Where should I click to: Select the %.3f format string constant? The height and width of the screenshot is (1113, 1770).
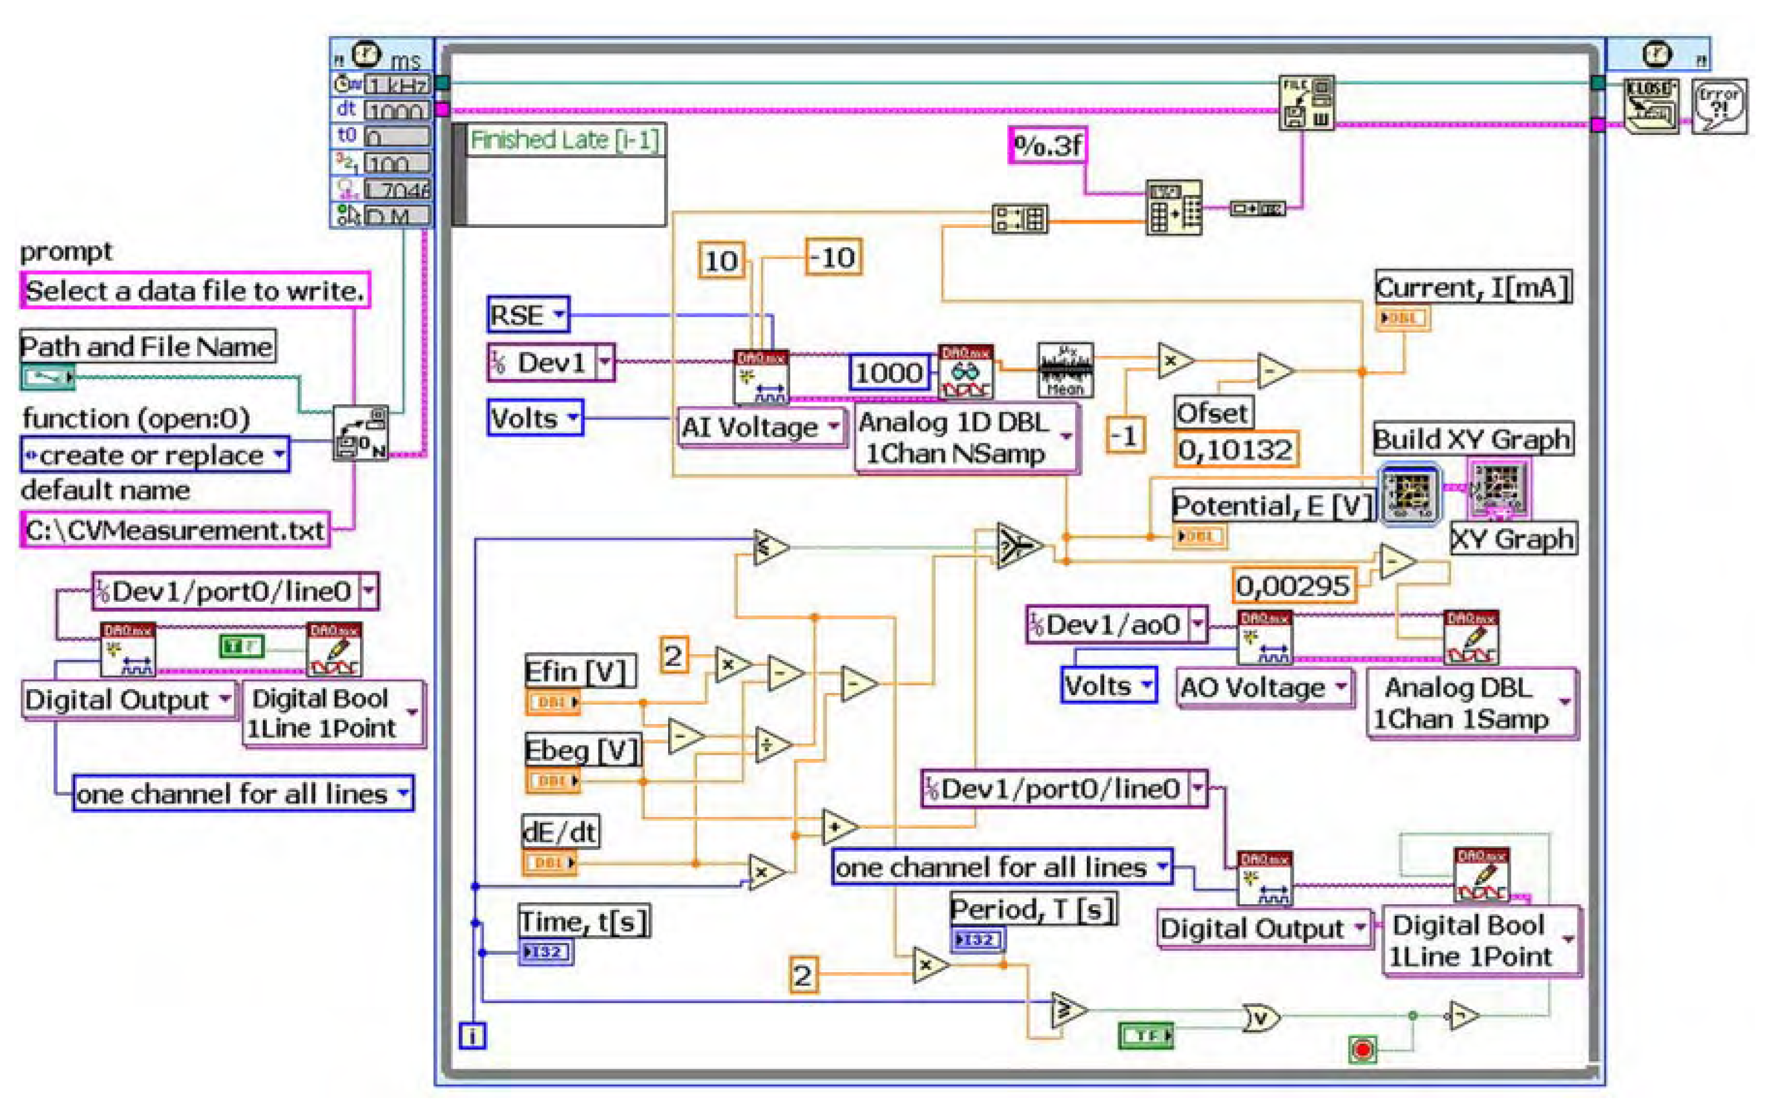pos(1047,145)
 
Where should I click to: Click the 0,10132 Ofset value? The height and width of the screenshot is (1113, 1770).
pos(1235,449)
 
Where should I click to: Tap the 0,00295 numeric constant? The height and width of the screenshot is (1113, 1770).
pos(1293,586)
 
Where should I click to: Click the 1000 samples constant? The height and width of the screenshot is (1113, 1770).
pos(888,373)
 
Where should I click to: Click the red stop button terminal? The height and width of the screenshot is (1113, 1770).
pos(1362,1049)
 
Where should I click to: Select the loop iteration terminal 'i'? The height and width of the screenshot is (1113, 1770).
pos(472,1036)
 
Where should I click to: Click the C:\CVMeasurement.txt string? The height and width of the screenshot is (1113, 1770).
pos(175,530)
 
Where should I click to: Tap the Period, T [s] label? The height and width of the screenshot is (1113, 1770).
pos(1033,909)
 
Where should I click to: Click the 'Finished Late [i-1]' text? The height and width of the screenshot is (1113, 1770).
pos(565,140)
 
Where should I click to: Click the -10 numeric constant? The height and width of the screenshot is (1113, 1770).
pos(833,257)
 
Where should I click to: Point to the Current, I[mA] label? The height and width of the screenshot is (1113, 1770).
pos(1472,287)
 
